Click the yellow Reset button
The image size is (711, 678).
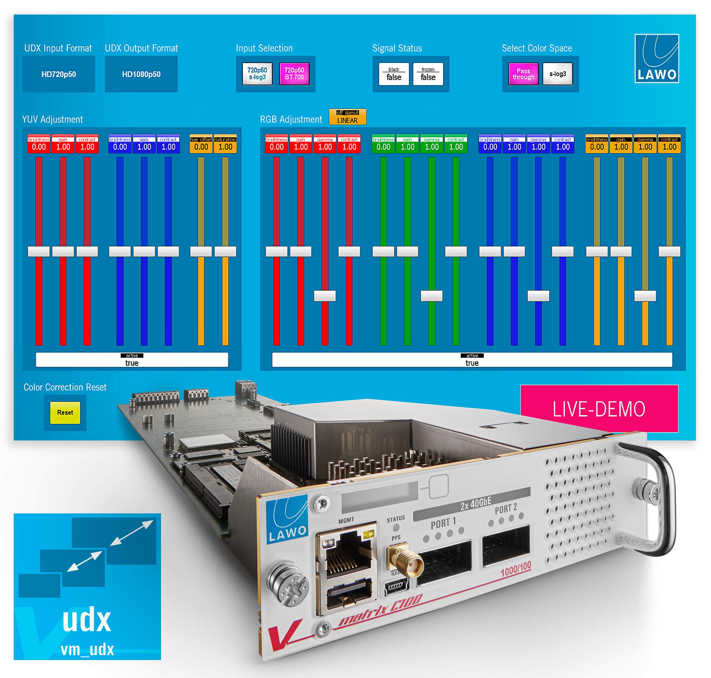click(x=65, y=412)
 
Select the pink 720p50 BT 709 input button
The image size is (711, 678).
click(x=294, y=74)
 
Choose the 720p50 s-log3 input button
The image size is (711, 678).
click(x=257, y=74)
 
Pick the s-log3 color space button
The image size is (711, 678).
click(x=558, y=74)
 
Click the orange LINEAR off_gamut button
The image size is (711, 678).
click(x=347, y=117)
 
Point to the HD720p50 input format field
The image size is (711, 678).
click(x=59, y=74)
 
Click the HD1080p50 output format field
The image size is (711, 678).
click(x=141, y=74)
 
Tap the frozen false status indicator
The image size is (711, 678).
click(x=428, y=74)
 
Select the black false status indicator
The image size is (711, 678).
click(x=394, y=74)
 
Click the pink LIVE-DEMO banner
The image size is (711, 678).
click(x=599, y=409)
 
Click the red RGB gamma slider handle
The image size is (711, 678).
click(x=325, y=296)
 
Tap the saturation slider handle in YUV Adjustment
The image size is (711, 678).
click(x=225, y=251)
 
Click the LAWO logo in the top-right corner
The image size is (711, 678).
click(x=656, y=59)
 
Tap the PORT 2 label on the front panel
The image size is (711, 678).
click(x=506, y=509)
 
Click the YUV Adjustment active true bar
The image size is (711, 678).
click(x=132, y=360)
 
